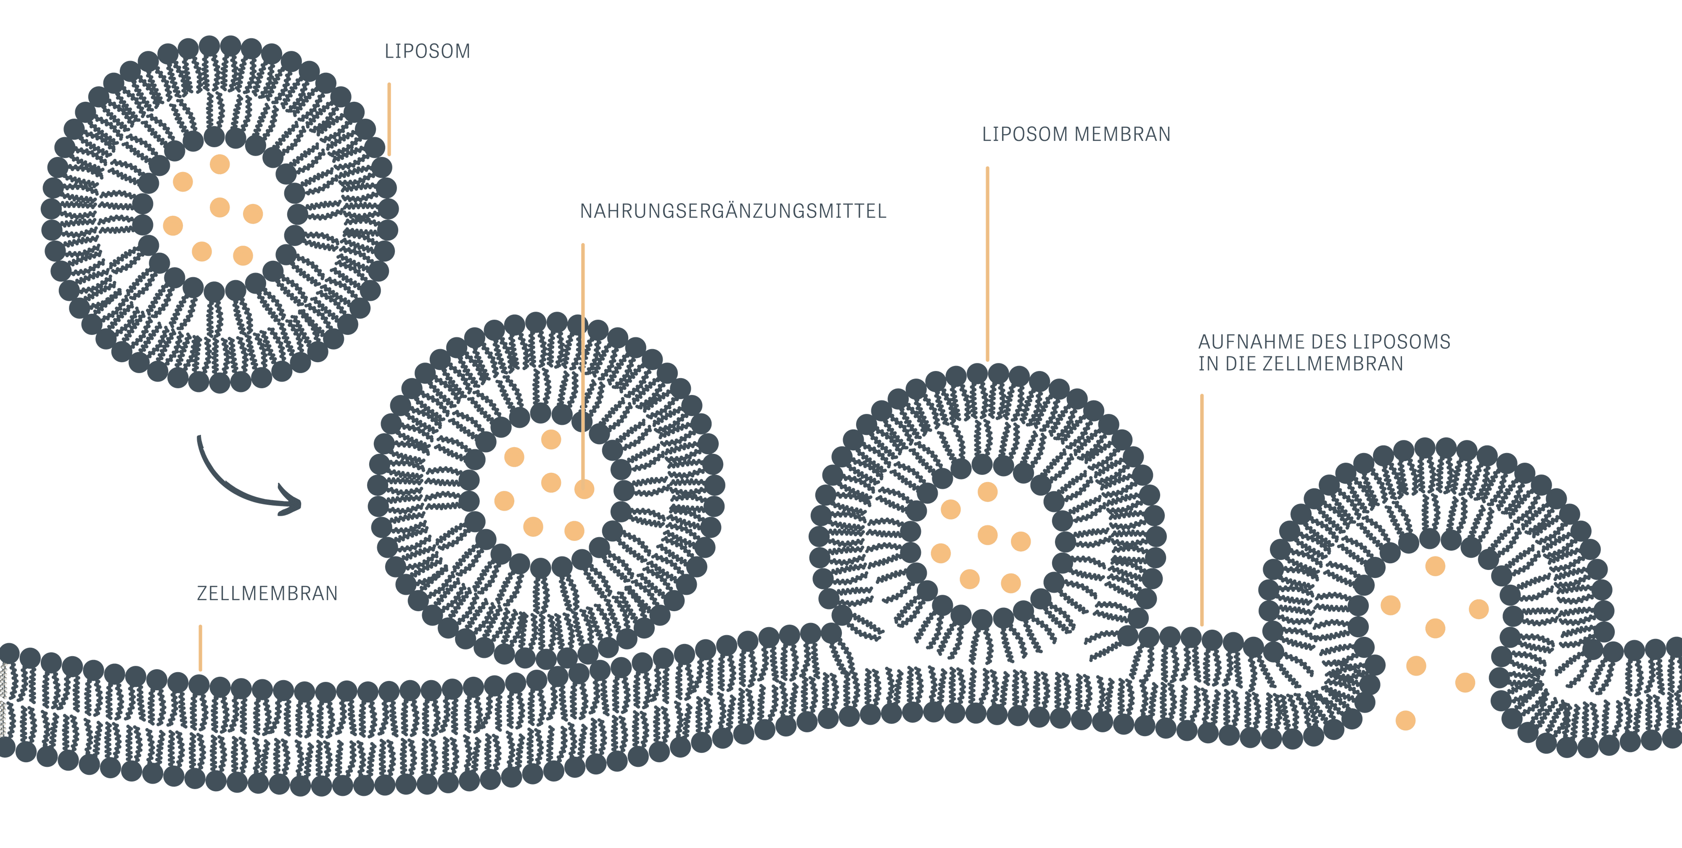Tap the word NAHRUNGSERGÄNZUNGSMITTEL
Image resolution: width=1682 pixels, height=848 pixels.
733,212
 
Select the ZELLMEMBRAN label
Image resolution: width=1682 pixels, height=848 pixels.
267,594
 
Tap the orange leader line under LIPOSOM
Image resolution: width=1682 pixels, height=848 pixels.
389,119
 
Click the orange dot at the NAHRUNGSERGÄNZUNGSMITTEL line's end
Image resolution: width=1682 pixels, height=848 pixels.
584,489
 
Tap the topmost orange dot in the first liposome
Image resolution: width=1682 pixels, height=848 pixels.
220,164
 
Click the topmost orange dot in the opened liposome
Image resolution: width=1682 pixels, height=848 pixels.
1435,566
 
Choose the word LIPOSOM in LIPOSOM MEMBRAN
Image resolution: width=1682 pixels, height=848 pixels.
1024,135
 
